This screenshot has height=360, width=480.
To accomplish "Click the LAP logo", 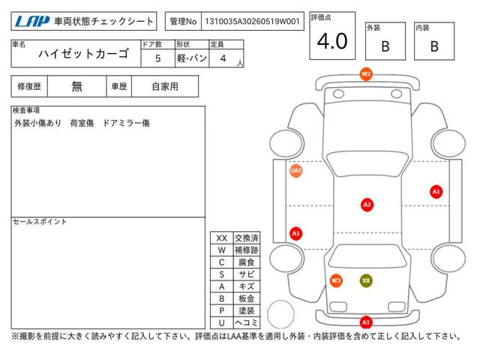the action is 32,22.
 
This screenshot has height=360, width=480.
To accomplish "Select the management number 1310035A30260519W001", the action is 252,22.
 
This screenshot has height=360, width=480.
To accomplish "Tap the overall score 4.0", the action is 332,41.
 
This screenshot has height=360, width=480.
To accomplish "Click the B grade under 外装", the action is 385,46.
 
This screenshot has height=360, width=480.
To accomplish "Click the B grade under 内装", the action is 434,46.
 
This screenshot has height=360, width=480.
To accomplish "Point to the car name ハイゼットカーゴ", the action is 83,54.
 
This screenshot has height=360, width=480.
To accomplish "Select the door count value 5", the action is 157,58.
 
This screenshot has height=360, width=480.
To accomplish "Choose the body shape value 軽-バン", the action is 192,58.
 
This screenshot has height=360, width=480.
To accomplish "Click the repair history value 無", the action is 76,87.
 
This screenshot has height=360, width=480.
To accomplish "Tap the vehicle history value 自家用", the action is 165,87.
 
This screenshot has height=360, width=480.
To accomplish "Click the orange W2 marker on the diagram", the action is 366,74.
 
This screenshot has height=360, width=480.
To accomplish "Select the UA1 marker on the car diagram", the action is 295,170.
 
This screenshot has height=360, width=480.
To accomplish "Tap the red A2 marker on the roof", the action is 367,205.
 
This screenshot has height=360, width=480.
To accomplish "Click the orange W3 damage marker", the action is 336,280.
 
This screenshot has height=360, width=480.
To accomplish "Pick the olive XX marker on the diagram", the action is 366,280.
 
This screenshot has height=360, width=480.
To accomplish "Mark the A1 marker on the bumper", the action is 366,322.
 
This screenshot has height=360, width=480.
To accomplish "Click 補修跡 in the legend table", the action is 247,250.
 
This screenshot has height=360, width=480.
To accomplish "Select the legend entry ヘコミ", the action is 247,322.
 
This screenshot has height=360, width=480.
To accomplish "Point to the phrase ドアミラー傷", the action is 127,123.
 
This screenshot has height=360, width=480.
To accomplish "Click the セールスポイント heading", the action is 40,222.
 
